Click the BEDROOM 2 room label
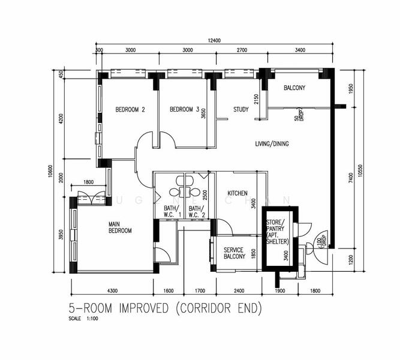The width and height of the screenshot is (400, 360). coord(130,110)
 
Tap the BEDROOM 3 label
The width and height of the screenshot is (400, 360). coord(184,110)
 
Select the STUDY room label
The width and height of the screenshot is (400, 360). coord(241,110)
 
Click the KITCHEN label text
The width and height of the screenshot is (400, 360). coord(237,193)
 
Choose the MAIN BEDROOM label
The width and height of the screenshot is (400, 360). coord(120,227)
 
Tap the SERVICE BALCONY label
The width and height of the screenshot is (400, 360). coord(234,253)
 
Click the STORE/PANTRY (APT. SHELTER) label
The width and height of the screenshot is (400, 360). coord(278,232)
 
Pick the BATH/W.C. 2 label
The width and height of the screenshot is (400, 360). coord(197,212)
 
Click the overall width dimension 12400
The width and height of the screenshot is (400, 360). coord(215,40)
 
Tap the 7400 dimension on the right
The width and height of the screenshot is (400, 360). coord(350,178)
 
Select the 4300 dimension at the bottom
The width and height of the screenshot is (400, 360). coord(112,291)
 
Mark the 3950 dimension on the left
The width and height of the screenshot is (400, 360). coord(61,235)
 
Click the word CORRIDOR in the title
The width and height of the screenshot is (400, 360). coord(206,308)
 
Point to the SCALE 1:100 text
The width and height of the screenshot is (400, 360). coord(83,319)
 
